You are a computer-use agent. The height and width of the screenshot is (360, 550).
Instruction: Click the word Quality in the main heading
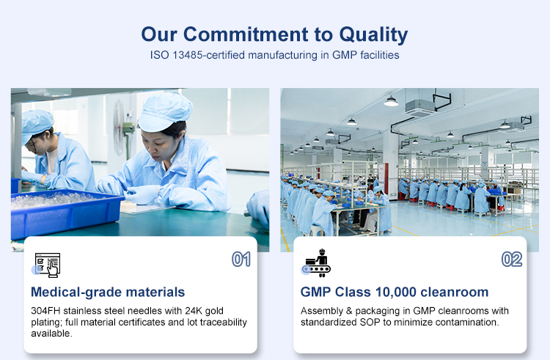373,34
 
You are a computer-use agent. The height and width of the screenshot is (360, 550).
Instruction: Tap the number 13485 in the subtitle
187,55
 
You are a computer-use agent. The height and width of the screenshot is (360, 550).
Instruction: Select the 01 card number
241,260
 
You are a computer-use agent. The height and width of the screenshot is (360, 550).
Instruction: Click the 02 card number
512,260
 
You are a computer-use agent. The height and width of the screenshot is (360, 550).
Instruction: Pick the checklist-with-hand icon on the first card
48,265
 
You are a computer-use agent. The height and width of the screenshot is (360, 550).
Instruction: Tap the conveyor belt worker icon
318,263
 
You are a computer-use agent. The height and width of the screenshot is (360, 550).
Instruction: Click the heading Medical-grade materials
108,292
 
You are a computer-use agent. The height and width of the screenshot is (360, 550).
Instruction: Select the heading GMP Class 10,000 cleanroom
395,292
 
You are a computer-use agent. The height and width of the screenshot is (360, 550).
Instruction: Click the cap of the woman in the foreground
164,111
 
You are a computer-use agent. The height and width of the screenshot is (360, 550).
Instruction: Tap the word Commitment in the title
246,34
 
